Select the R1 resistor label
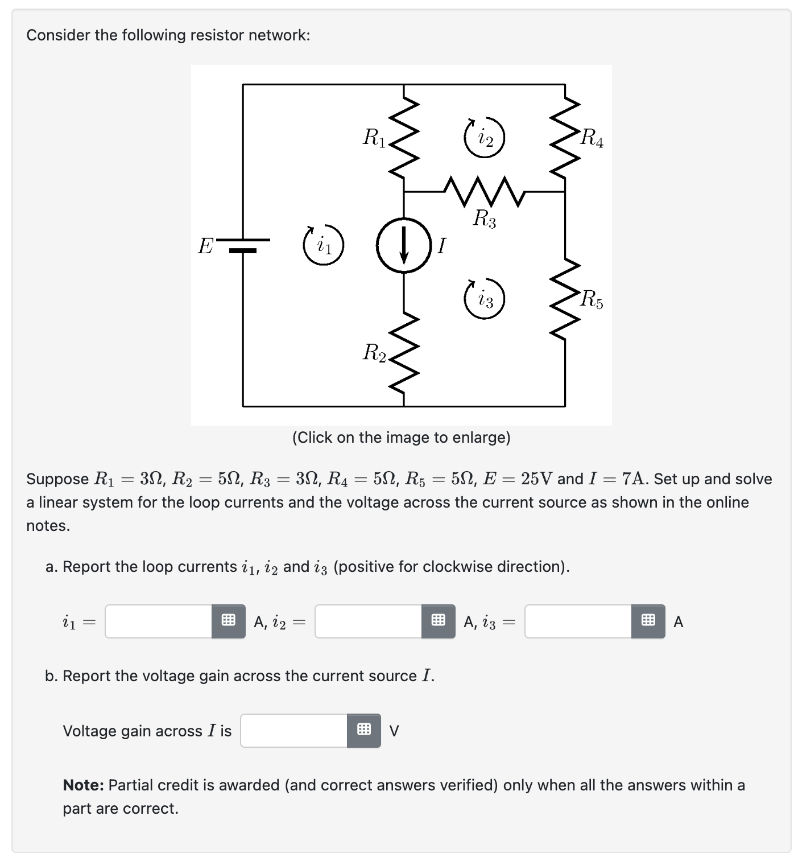pyautogui.click(x=374, y=138)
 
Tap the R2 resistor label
pyautogui.click(x=374, y=353)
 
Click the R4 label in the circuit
pyautogui.click(x=592, y=138)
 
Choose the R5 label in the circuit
pyautogui.click(x=592, y=299)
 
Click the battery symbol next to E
pyautogui.click(x=243, y=245)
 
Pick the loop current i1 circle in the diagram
pyautogui.click(x=323, y=246)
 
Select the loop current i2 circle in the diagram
pyautogui.click(x=484, y=138)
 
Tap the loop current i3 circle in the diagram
pyautogui.click(x=484, y=299)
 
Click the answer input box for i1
pyautogui.click(x=159, y=621)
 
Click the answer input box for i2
pyautogui.click(x=369, y=621)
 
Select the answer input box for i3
pyautogui.click(x=578, y=621)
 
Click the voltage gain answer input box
pyautogui.click(x=294, y=731)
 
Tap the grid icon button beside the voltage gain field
pyautogui.click(x=364, y=731)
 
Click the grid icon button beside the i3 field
pyautogui.click(x=648, y=621)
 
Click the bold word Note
pyautogui.click(x=83, y=785)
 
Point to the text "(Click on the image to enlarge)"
pyautogui.click(x=401, y=438)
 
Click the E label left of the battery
pyautogui.click(x=205, y=246)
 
